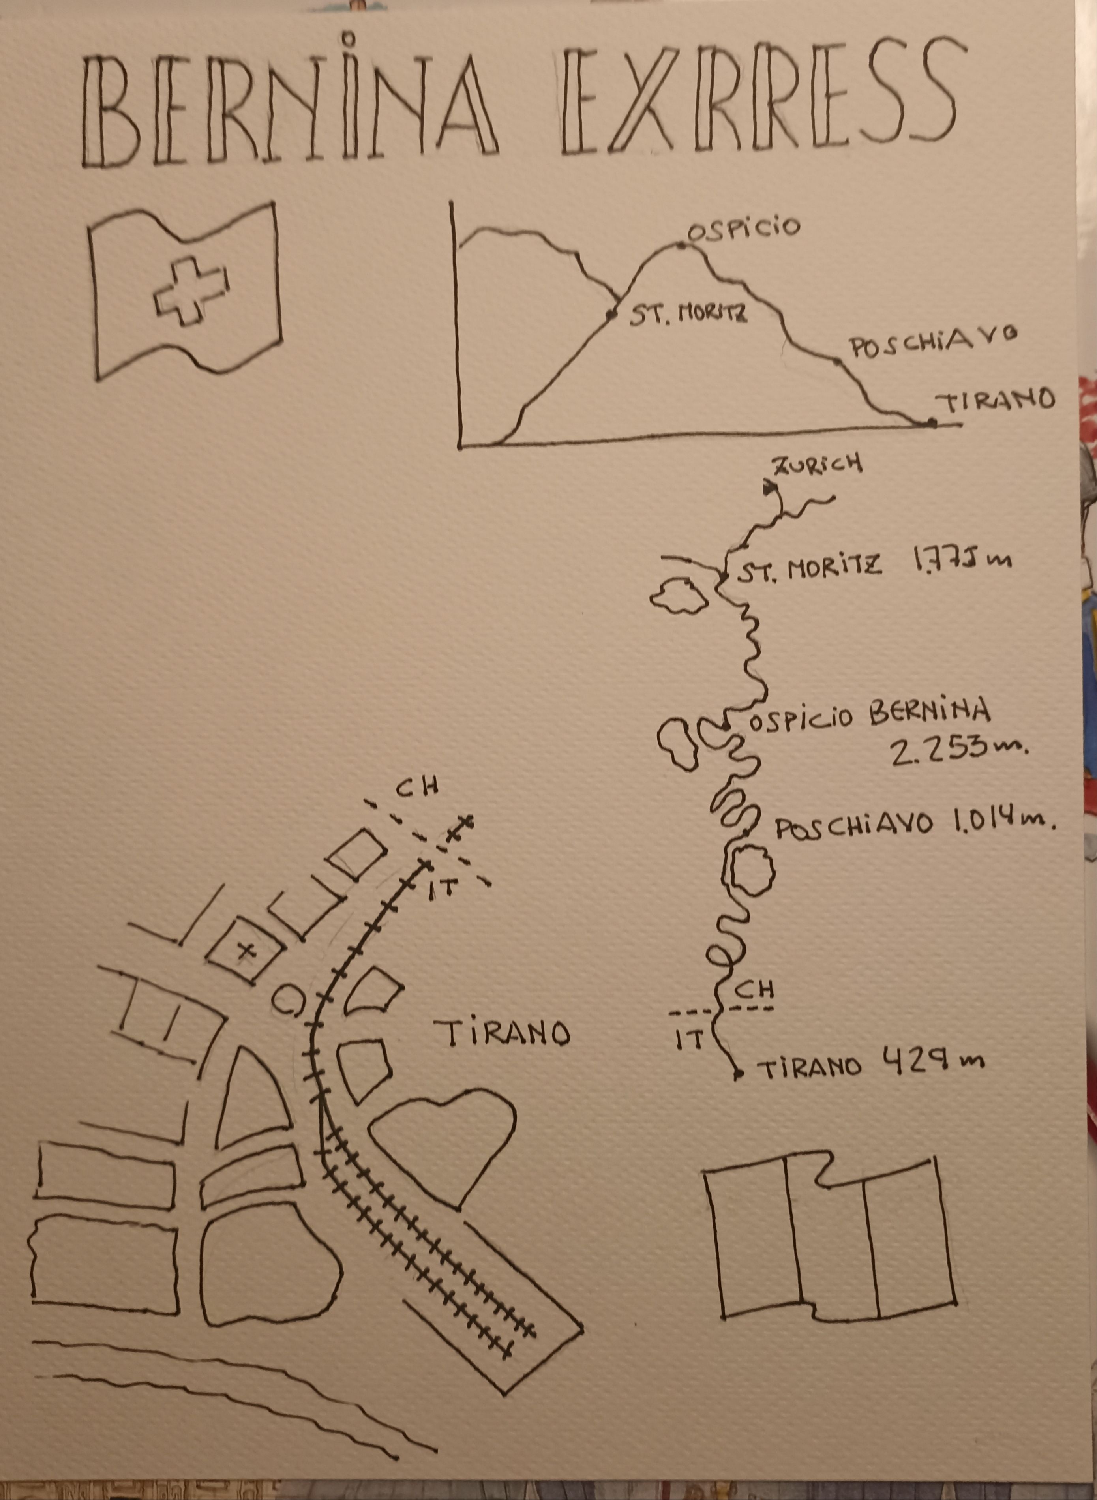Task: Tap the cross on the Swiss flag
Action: pos(191,291)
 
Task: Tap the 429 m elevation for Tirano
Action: pos(933,1060)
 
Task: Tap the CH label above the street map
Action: pos(418,787)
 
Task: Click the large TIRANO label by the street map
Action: pos(502,1033)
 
